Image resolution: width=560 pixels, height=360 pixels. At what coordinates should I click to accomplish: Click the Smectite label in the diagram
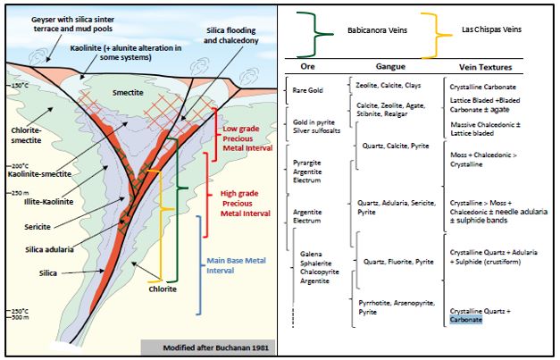(128, 93)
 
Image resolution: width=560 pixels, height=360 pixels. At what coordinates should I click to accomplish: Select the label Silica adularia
(49, 249)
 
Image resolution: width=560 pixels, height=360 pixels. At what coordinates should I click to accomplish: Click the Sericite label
(38, 227)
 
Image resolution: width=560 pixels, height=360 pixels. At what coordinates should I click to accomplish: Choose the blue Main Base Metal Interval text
(236, 265)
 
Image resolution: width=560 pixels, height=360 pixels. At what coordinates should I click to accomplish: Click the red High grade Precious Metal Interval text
(246, 204)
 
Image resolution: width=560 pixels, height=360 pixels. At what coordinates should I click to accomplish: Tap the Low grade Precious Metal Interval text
(247, 138)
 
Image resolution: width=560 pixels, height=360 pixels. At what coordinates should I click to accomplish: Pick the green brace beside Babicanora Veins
(315, 34)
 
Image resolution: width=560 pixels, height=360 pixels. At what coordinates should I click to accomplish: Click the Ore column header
(307, 67)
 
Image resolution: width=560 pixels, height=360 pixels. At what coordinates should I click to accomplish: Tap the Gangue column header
(390, 66)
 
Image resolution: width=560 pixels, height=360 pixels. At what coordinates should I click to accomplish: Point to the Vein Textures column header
(485, 67)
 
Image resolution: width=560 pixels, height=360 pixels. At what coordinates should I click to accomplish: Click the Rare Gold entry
(307, 90)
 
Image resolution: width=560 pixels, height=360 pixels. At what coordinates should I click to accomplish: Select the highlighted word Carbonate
(465, 320)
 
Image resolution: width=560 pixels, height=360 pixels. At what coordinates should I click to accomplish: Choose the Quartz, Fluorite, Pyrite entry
(398, 262)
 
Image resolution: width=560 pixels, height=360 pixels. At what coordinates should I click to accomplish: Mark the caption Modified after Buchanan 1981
(215, 347)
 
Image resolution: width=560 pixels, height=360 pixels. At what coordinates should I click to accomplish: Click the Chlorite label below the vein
(163, 289)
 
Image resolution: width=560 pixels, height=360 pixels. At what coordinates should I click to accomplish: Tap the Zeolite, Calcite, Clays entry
(388, 86)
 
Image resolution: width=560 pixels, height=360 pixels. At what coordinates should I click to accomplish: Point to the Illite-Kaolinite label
(48, 202)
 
